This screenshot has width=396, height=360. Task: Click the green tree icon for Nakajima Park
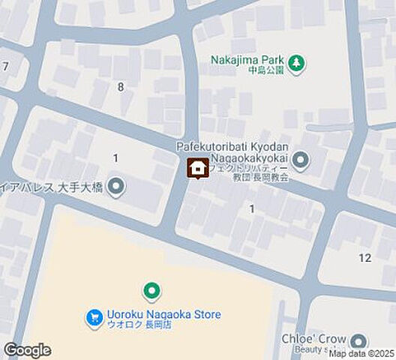tap(297, 64)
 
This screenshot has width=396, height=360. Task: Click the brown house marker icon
tap(197, 169)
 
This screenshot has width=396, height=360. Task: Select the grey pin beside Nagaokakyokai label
tap(301, 160)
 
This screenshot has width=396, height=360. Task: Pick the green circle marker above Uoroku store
tap(152, 290)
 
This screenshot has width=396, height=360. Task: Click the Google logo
tap(28, 349)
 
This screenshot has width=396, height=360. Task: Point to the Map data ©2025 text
tap(361, 353)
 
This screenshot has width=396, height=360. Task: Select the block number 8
tap(120, 87)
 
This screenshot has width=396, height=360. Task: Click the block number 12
tap(364, 258)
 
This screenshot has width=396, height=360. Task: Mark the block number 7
tap(5, 67)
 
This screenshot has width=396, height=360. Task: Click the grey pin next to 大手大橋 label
tap(115, 185)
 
